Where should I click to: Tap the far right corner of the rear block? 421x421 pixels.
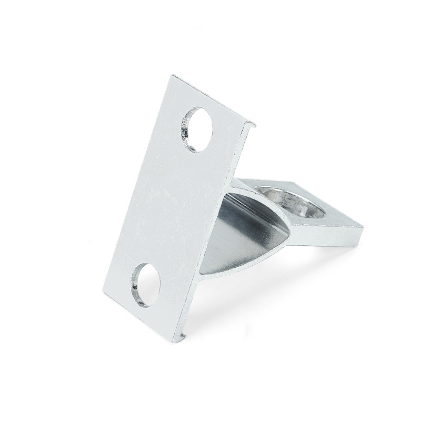(363, 227)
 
